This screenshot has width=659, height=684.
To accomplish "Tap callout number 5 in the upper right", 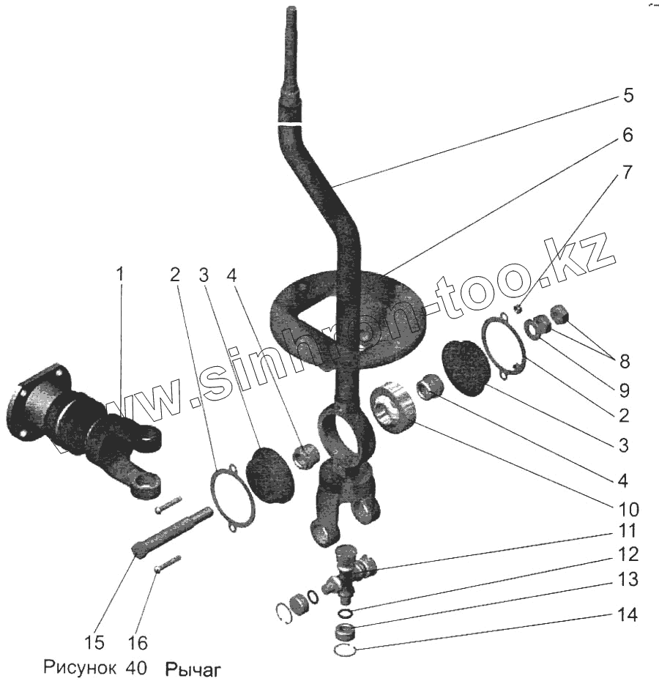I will pos(628,96).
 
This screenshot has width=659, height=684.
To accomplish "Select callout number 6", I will pos(628,135).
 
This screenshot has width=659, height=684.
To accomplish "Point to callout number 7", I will pos(628,173).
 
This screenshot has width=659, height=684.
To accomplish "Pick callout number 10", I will pos(628,508).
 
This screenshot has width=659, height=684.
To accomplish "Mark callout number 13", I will pos(628,579).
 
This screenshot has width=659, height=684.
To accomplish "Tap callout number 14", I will pos(628,614).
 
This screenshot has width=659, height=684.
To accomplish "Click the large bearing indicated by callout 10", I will pos(393,407).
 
